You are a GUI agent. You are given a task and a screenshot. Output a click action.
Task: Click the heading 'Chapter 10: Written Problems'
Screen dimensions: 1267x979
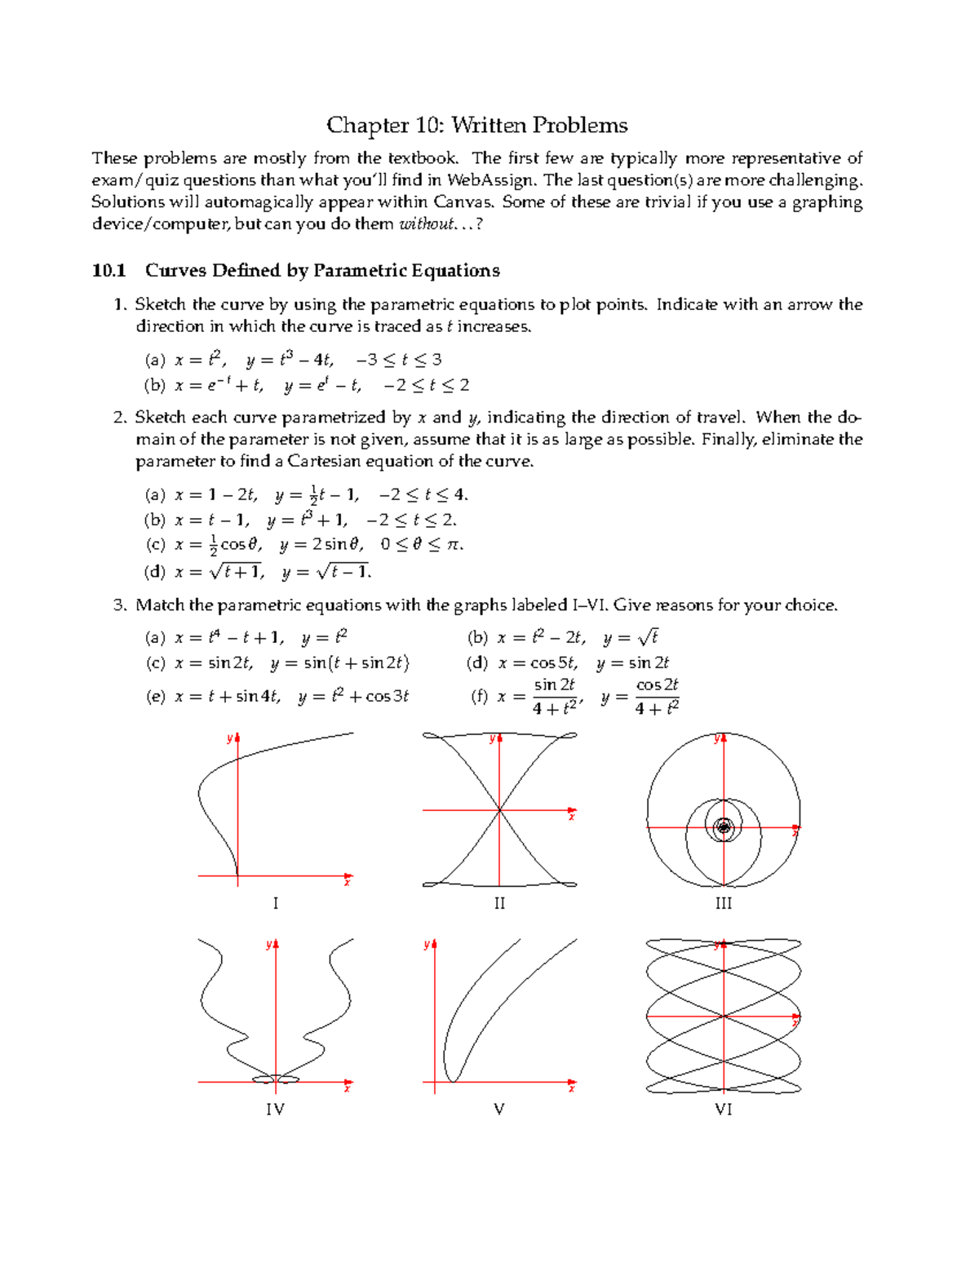[476, 125]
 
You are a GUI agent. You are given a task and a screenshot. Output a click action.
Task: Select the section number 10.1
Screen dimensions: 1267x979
[109, 271]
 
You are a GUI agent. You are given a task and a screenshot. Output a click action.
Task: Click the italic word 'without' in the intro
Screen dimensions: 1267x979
[425, 224]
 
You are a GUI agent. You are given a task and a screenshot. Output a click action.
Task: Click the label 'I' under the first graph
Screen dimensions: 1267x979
[276, 903]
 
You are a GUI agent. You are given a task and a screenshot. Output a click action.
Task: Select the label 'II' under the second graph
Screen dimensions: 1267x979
[499, 903]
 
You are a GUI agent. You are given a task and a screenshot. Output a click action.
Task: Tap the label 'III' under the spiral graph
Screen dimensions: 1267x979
[724, 903]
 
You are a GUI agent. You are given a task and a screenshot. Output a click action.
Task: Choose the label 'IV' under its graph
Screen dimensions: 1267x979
[276, 1110]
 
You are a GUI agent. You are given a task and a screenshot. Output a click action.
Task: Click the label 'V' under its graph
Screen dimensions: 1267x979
[499, 1110]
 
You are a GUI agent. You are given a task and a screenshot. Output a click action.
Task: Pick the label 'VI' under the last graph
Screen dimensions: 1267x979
[724, 1110]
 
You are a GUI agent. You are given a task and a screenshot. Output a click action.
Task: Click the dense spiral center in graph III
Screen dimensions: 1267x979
[724, 827]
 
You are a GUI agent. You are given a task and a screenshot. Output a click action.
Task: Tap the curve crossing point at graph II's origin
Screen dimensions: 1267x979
[499, 810]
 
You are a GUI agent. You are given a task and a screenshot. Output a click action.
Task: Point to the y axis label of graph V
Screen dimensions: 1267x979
[426, 945]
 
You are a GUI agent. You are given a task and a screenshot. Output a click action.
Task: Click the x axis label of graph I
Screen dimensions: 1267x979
[348, 882]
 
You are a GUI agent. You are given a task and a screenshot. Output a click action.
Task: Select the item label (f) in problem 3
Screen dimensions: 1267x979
[481, 697]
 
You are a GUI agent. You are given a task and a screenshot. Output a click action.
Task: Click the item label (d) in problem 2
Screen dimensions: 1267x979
[155, 572]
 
